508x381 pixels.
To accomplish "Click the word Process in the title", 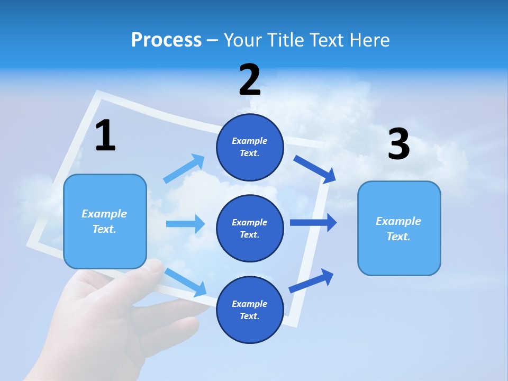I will coord(166,40).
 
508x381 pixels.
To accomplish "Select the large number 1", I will coord(105,135).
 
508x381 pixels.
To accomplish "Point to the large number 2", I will coord(250,80).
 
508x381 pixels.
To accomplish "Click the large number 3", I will coord(398,144).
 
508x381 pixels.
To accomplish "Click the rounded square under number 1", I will coord(105,221).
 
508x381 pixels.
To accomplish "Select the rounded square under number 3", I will coord(399,228).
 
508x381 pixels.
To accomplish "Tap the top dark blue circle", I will coord(250,147).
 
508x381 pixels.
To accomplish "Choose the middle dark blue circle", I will coord(250,228).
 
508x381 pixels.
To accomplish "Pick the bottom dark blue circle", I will coord(250,310).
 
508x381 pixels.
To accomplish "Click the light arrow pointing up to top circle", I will coord(184,168).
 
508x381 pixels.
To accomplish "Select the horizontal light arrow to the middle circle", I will coord(185,224).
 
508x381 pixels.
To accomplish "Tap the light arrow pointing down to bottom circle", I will coord(185,282).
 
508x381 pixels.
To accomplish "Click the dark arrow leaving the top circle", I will coord(315,169).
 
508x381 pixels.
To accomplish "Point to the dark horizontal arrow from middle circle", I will coord(313,222).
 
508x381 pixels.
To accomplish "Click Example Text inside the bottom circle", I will coord(250,310).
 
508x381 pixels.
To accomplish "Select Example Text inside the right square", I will coord(398,229).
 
